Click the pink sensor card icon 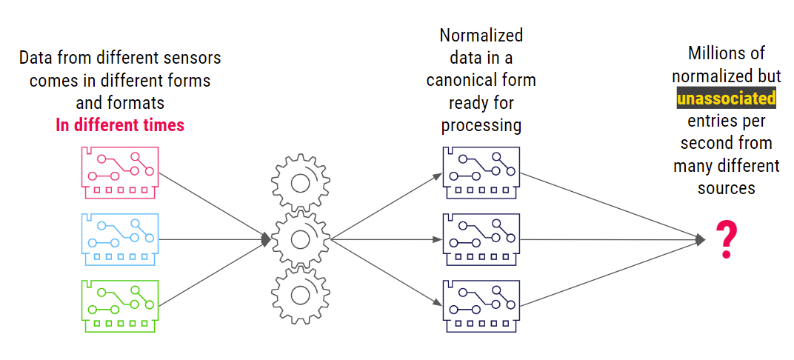coord(119,170)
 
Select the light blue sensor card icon coord(119,238)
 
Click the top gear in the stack coord(301,182)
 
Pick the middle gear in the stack coord(301,239)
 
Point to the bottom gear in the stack coord(301,295)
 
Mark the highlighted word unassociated coord(726,98)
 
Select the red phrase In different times coord(120,124)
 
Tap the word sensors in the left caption coord(195,58)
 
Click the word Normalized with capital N coord(481,36)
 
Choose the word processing coord(481,125)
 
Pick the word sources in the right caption coord(726,187)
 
